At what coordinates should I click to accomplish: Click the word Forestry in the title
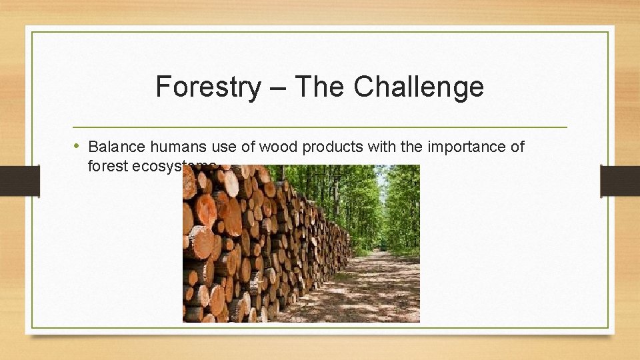[x=208, y=87]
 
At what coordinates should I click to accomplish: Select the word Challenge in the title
[x=419, y=87]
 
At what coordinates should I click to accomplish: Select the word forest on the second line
[x=107, y=166]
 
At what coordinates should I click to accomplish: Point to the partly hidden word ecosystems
[x=167, y=166]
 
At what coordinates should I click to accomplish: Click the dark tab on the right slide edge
[x=619, y=181]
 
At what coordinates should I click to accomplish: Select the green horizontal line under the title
[x=320, y=127]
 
